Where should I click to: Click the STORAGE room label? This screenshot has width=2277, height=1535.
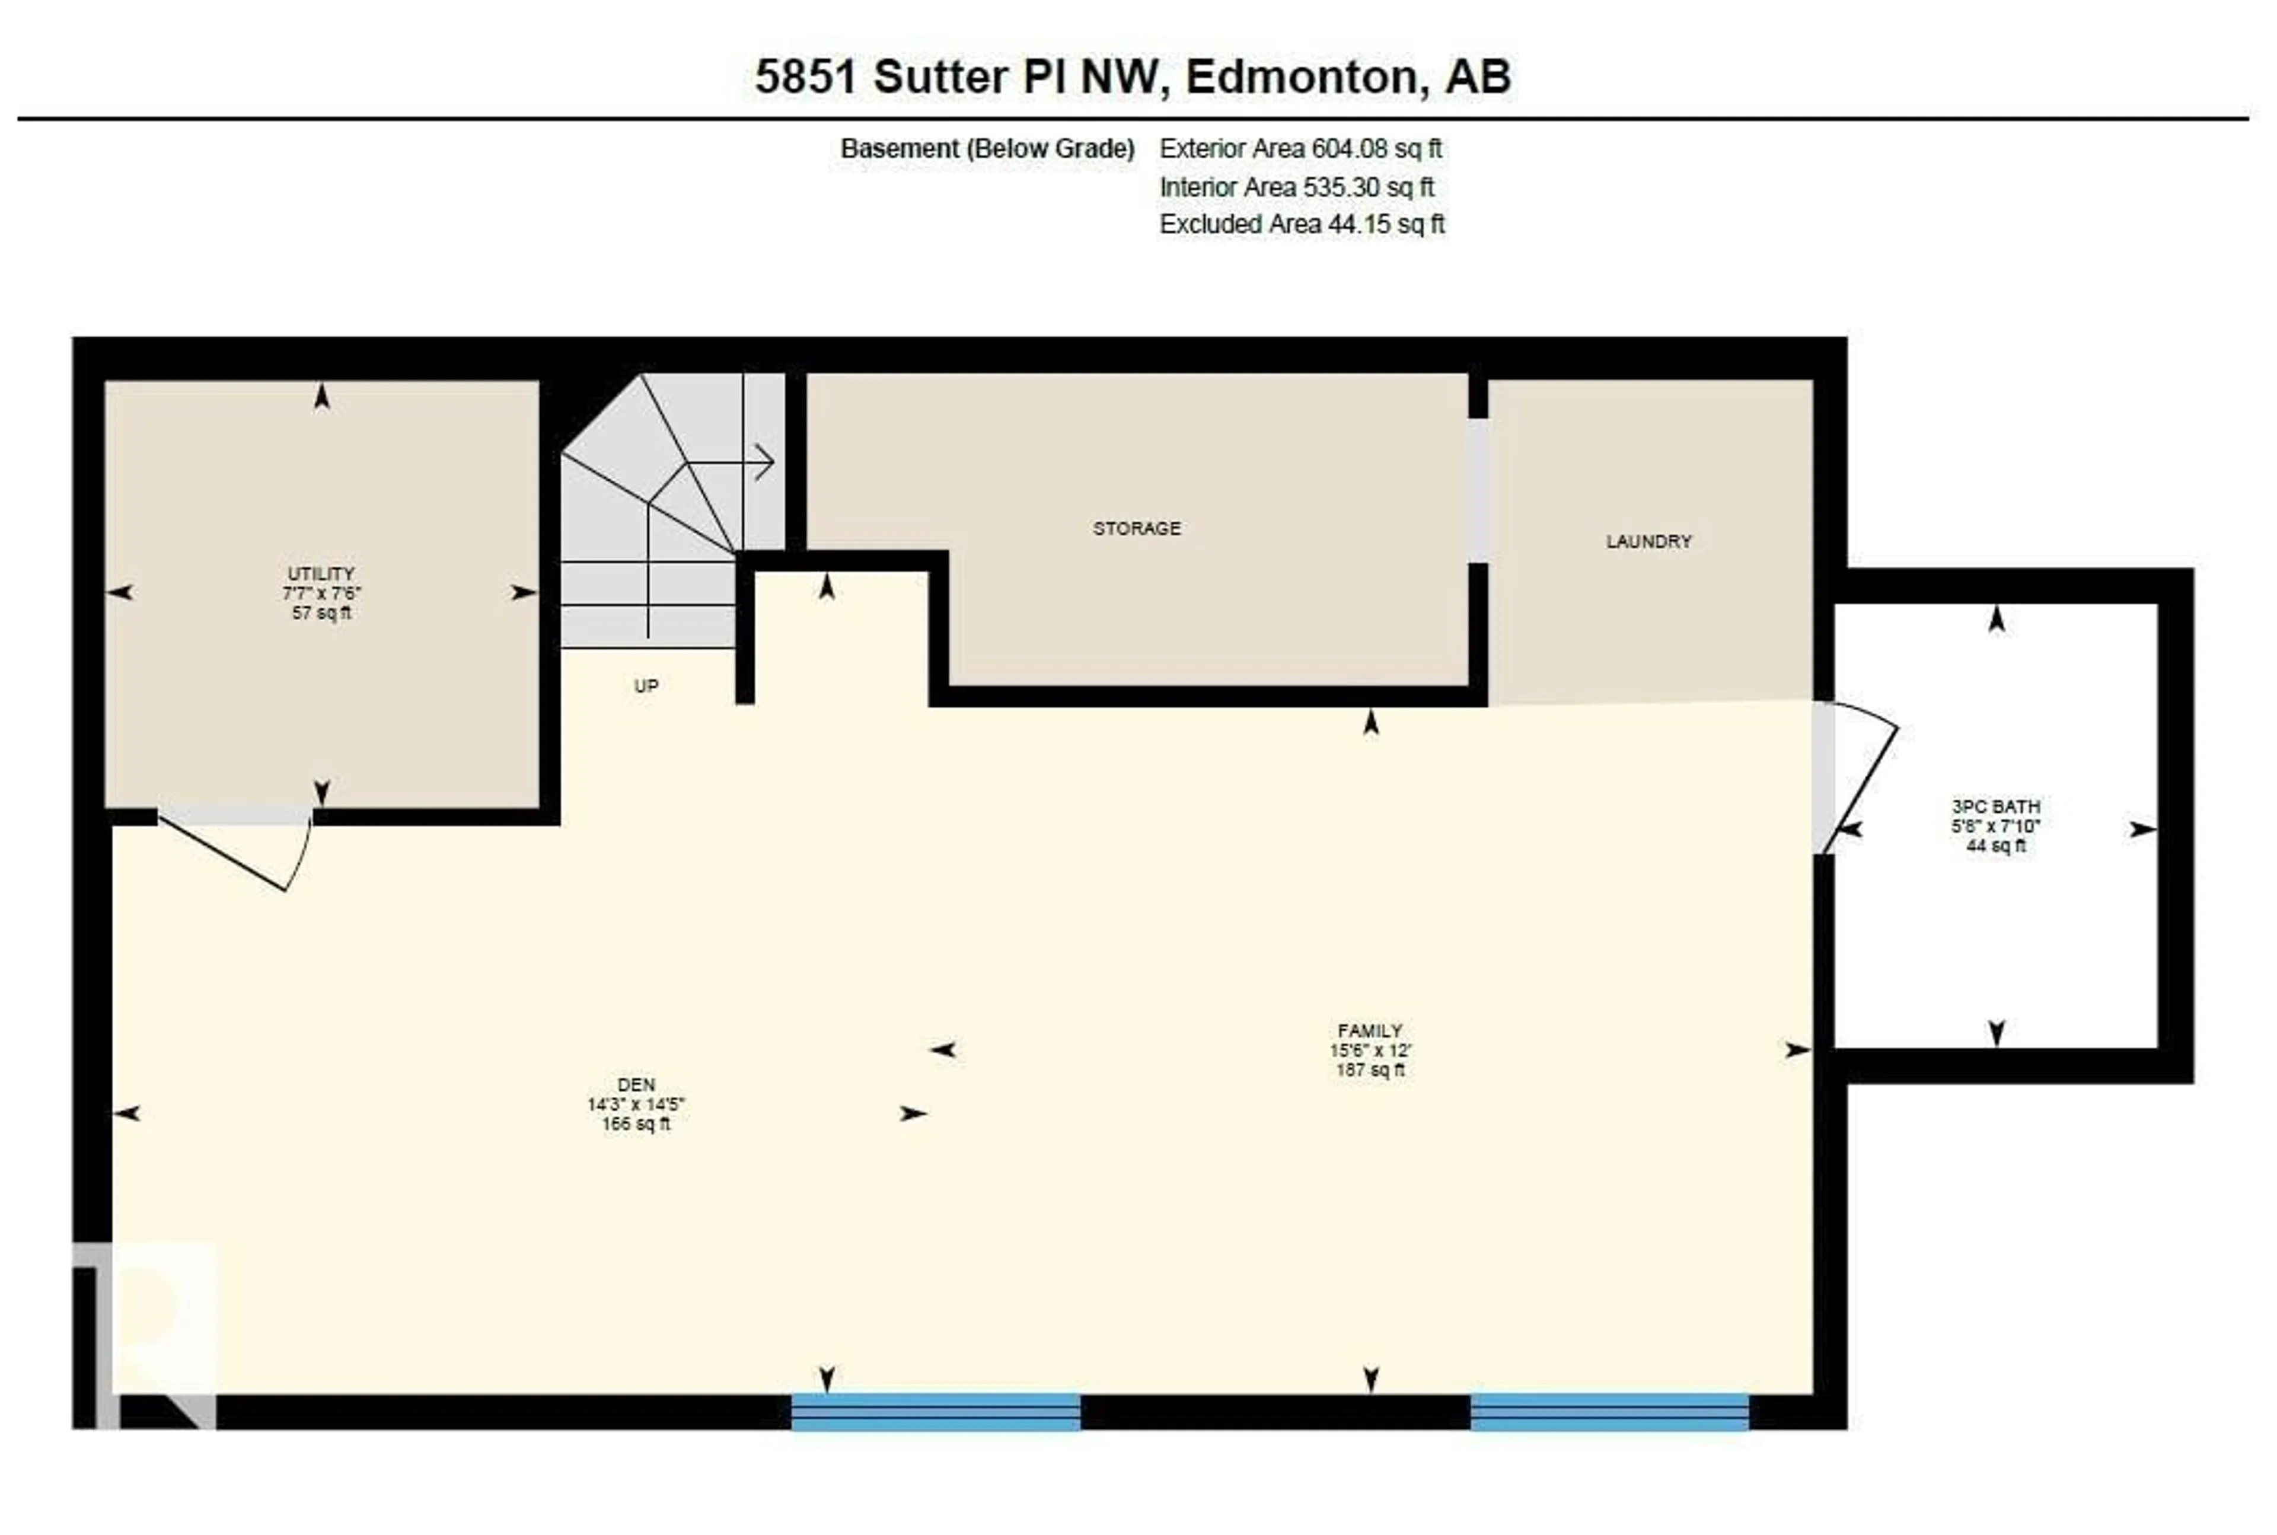[x=1137, y=529]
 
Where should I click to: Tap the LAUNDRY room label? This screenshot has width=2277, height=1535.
[x=1648, y=541]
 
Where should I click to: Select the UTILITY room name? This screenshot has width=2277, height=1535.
[x=321, y=574]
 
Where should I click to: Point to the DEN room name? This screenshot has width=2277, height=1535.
[x=636, y=1084]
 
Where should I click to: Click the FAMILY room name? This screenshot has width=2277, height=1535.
[x=1370, y=1031]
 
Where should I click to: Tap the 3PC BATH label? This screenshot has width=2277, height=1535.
[x=1996, y=807]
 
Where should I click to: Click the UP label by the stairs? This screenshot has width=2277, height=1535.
[x=646, y=686]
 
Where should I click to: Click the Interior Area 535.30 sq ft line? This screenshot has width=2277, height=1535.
[x=1296, y=187]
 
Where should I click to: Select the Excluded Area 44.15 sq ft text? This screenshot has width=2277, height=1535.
[x=1302, y=224]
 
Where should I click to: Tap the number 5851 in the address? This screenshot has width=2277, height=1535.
[x=806, y=77]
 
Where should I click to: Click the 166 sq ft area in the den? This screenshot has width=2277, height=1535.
[x=636, y=1124]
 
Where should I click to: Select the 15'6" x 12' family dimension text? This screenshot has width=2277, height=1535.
[x=1370, y=1051]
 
